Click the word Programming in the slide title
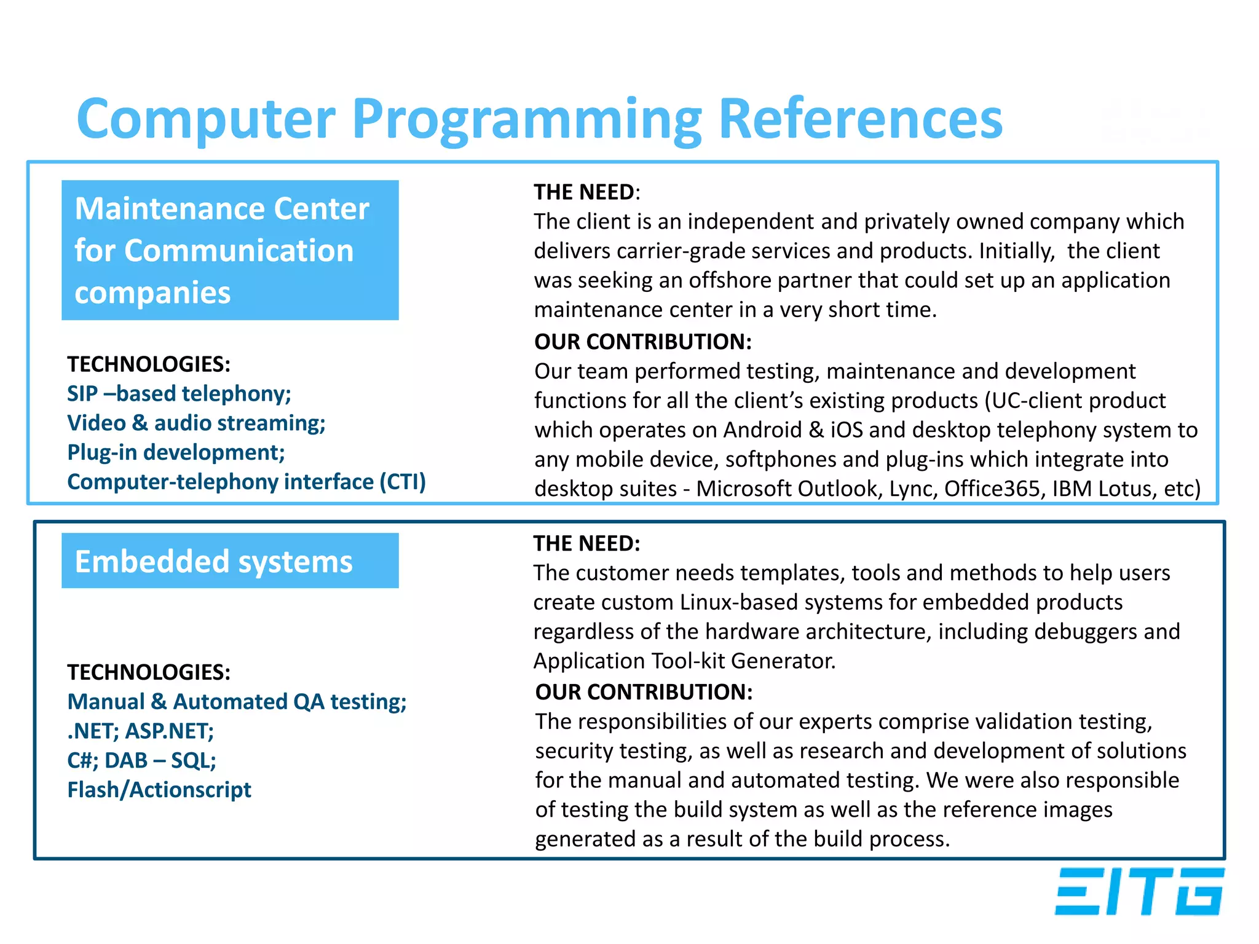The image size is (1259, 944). [526, 120]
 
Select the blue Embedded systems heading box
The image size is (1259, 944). [230, 560]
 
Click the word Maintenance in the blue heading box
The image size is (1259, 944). [170, 209]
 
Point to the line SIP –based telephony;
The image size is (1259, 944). [179, 393]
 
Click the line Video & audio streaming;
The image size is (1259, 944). [196, 423]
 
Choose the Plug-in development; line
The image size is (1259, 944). [176, 452]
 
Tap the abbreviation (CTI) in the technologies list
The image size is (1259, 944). [402, 482]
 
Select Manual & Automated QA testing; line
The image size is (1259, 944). [237, 702]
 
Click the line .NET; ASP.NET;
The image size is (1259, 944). [140, 731]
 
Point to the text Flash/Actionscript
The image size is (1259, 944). [159, 790]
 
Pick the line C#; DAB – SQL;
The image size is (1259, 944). [141, 760]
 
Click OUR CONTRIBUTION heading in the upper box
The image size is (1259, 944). [642, 342]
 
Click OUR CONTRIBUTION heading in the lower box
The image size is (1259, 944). [644, 692]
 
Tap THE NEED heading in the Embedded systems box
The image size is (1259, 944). [586, 543]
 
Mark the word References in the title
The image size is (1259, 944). [860, 120]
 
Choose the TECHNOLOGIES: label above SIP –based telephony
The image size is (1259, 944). [149, 364]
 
